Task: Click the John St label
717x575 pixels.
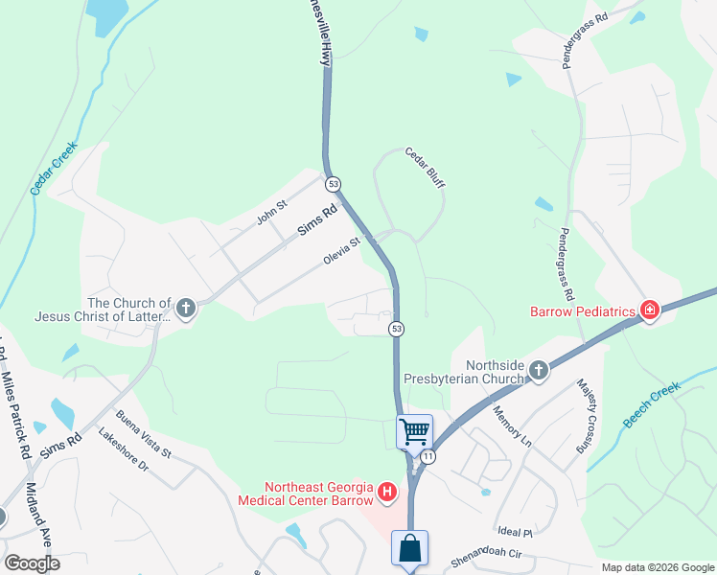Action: (271, 213)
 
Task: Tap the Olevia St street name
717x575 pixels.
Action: (340, 252)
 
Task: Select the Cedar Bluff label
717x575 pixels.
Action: (425, 167)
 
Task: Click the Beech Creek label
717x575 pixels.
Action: (651, 405)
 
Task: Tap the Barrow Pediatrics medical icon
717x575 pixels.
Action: (651, 310)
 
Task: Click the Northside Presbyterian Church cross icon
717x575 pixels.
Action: (539, 370)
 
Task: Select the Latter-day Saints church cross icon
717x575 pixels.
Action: (186, 308)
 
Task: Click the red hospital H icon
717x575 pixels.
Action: (387, 493)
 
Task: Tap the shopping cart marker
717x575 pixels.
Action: (414, 431)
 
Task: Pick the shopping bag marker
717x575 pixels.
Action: (409, 550)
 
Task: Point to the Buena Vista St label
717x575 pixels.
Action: (143, 434)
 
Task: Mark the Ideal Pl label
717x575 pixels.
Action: (515, 531)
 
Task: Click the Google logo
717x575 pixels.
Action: (33, 563)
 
